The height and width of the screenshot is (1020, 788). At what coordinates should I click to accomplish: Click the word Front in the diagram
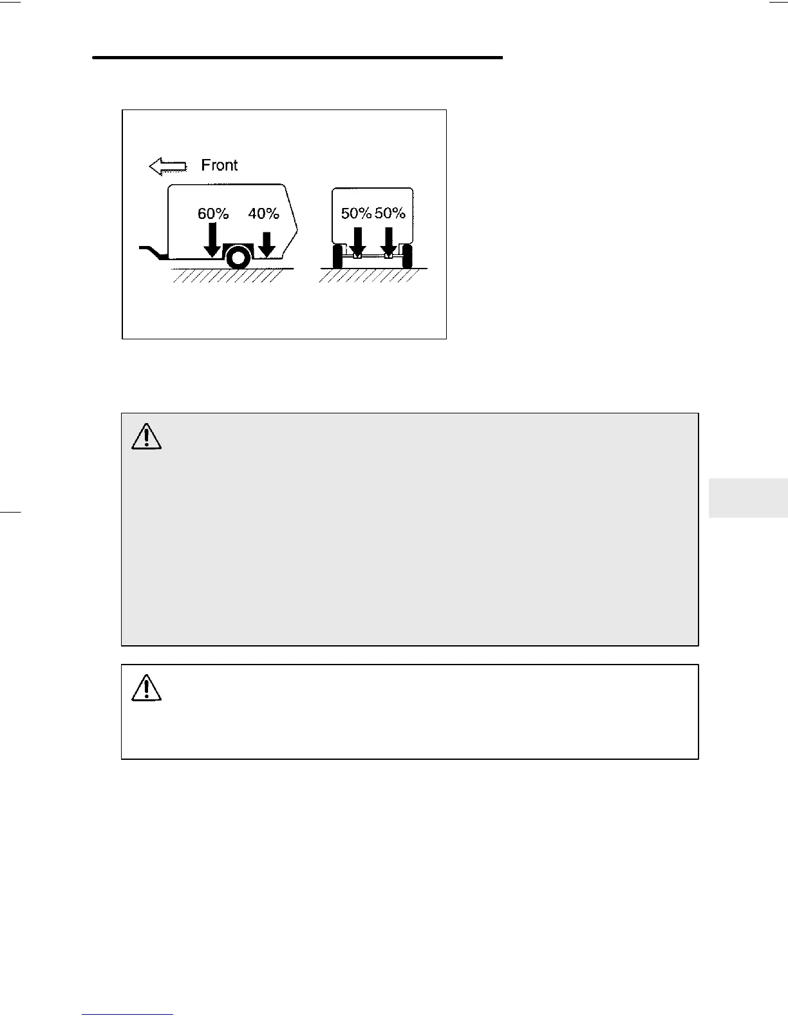(x=220, y=165)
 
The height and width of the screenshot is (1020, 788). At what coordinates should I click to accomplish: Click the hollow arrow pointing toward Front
(x=167, y=167)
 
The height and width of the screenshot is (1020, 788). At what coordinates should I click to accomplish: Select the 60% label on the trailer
(x=213, y=214)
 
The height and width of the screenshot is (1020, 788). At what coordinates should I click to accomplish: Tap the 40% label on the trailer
(x=263, y=214)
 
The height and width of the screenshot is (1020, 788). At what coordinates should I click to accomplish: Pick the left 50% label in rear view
(x=356, y=214)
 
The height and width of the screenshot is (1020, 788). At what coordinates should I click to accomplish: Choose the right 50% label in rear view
(x=390, y=214)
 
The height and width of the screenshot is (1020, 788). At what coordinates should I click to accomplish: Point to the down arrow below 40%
(x=267, y=245)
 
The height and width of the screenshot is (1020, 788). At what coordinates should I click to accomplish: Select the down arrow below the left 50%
(x=358, y=243)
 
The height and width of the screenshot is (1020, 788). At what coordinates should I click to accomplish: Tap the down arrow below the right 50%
(x=388, y=243)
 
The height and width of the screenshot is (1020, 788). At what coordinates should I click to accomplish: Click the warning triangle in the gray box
(x=146, y=437)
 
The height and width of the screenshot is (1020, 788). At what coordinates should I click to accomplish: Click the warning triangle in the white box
(x=146, y=688)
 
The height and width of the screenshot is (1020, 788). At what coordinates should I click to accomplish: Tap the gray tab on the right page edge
(x=748, y=498)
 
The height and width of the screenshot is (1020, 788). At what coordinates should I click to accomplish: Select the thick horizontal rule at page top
(x=297, y=58)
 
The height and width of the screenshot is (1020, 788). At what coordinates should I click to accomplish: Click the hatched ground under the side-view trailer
(x=225, y=276)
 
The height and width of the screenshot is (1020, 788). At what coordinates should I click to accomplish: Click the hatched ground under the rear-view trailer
(x=370, y=276)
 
